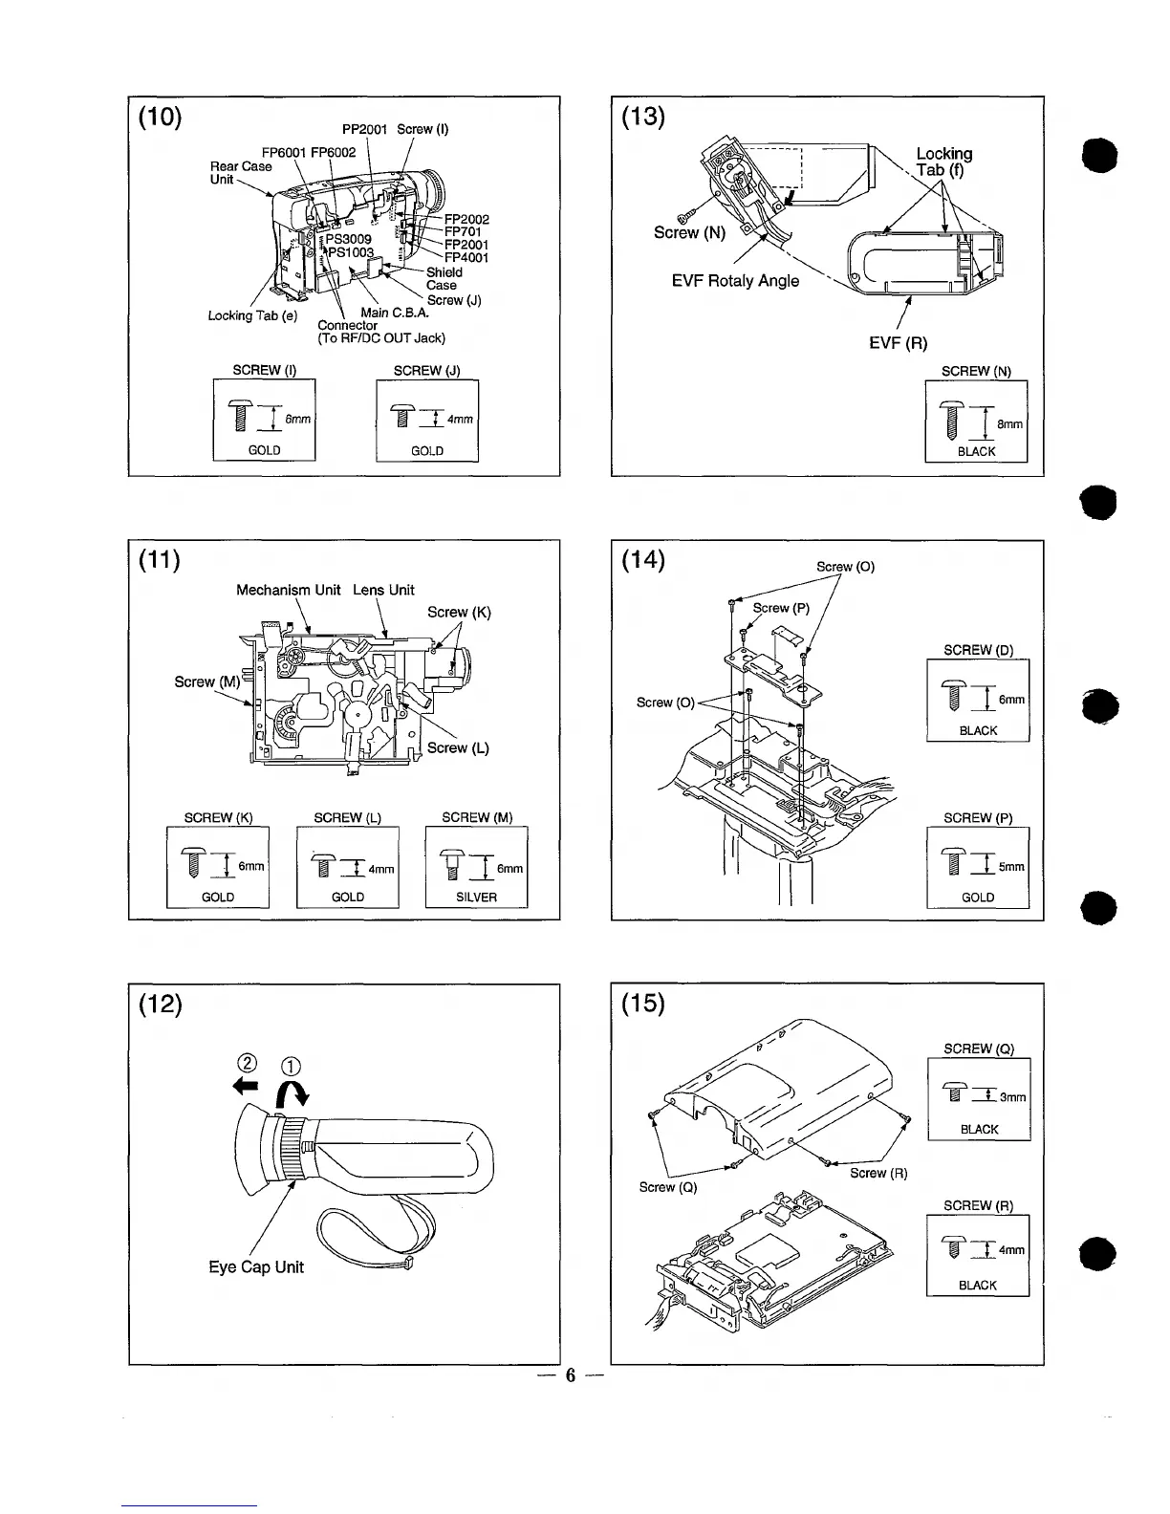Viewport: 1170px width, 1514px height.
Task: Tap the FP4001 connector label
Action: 466,257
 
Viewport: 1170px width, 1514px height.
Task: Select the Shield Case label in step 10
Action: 443,278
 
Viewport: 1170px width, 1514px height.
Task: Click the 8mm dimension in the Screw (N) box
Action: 1009,424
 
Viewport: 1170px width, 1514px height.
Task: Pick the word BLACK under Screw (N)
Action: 976,451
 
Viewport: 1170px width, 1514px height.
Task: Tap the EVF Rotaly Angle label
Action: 735,281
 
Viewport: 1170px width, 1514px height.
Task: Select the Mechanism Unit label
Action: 288,590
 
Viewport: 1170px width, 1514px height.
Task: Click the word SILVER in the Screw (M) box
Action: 476,898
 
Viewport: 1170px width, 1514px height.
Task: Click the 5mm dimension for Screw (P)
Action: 1011,867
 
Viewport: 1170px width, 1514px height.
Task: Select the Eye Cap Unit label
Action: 256,1267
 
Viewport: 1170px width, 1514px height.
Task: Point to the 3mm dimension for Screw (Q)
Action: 1012,1097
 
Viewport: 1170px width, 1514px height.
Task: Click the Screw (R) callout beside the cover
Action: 877,1173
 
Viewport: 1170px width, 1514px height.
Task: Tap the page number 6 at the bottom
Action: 570,1375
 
